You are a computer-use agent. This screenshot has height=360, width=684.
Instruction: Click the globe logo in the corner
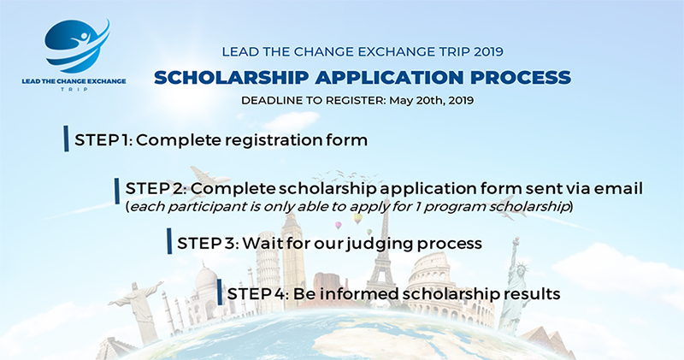point(77,46)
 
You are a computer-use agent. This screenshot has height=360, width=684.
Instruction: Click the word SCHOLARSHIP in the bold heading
point(231,77)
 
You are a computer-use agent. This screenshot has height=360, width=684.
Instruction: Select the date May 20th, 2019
point(432,100)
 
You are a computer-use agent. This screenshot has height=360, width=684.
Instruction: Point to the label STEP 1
point(103,140)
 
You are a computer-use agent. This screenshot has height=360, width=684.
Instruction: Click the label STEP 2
point(156,188)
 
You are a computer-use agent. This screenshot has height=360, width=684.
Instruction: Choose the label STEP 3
point(208,243)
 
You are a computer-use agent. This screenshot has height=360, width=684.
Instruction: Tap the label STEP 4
point(258,293)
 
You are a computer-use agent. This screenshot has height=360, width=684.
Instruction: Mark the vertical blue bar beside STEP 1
point(66,139)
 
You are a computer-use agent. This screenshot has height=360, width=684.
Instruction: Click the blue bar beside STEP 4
point(220,292)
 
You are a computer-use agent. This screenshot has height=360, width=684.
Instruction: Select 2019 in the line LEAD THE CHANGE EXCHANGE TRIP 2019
point(488,51)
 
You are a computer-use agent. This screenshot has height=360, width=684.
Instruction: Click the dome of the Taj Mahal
point(206,279)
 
